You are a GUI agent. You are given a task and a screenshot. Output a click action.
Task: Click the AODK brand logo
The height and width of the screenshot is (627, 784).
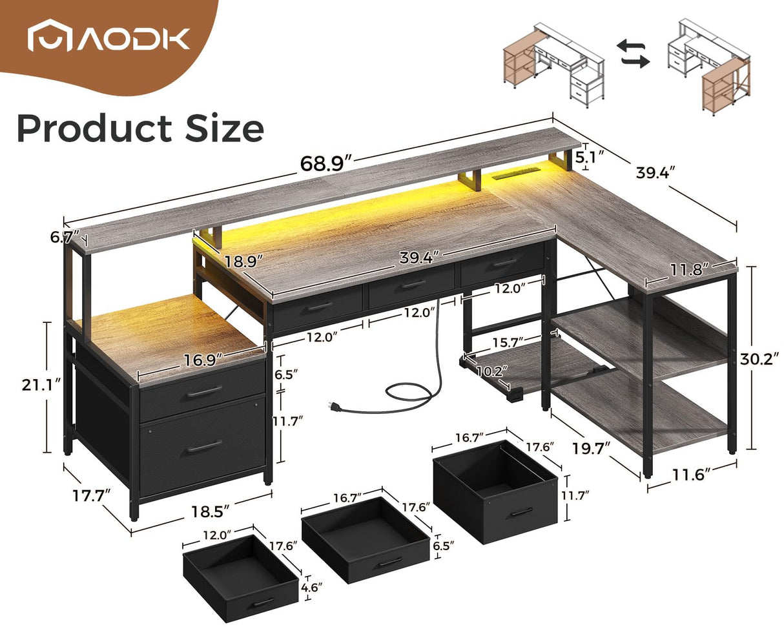coord(108,38)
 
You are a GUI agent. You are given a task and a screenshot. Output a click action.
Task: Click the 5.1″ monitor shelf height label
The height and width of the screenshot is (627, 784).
coord(589,156)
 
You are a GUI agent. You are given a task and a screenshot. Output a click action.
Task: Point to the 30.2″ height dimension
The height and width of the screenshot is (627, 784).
coord(762,358)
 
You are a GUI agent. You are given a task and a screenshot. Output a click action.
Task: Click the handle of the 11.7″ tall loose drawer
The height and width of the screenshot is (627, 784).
coord(521,512)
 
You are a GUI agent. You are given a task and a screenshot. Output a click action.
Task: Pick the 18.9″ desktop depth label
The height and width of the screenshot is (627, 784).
coord(245,262)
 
